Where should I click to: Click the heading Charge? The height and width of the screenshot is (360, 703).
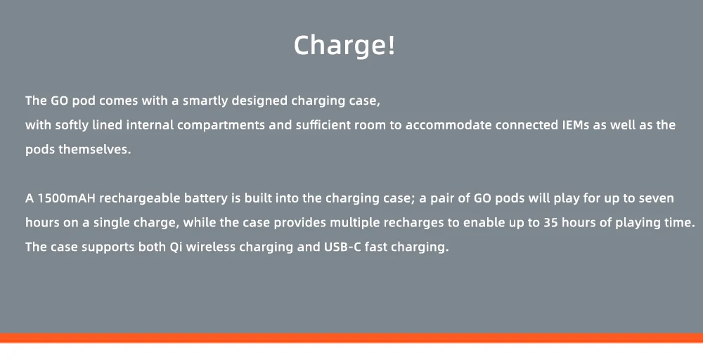click(x=344, y=45)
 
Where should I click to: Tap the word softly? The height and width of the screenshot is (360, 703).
click(x=72, y=126)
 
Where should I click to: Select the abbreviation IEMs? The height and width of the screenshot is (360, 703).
click(x=576, y=125)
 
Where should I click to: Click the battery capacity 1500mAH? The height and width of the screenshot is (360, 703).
click(x=67, y=198)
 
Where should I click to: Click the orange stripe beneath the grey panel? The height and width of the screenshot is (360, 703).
click(x=351, y=337)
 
